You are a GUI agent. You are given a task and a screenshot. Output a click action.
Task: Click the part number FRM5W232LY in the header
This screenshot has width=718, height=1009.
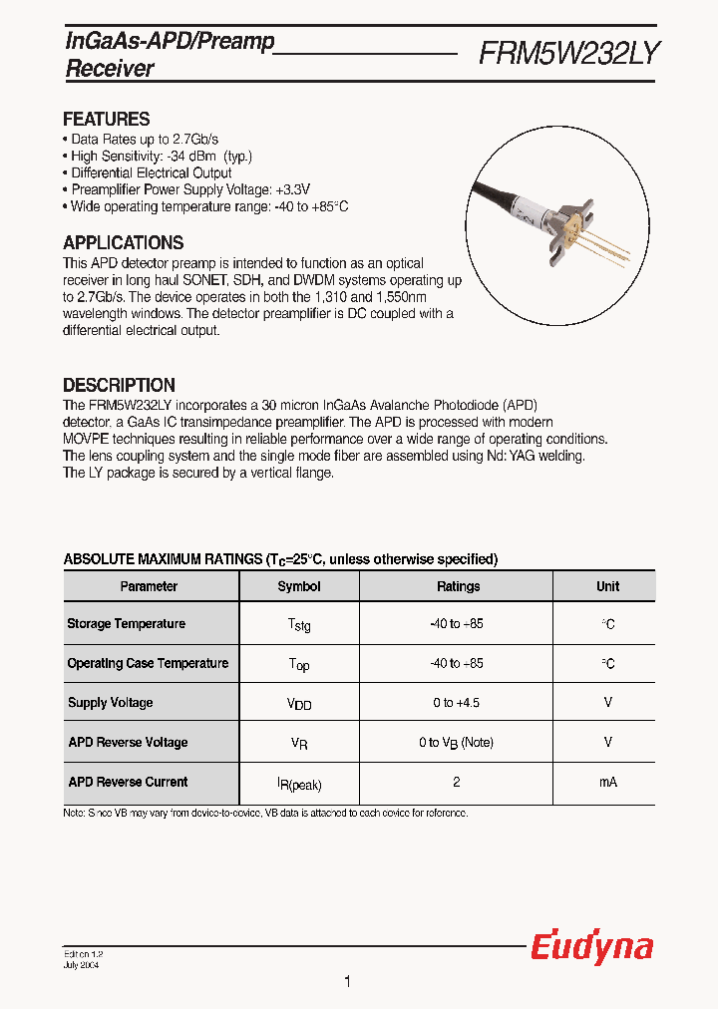coord(568,53)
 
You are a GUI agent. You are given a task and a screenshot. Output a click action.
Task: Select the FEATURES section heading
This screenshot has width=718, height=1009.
coord(106,119)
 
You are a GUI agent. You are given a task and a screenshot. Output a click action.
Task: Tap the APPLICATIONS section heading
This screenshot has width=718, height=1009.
coord(123,242)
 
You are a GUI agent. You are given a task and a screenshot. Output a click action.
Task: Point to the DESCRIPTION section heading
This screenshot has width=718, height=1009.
coord(119,385)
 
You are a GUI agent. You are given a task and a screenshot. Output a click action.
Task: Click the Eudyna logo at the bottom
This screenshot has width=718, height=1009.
coord(591,947)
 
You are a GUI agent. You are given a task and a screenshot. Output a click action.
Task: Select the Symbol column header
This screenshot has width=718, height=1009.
coord(298,586)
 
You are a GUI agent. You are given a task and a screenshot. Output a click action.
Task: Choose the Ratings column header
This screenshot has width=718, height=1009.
coord(458,586)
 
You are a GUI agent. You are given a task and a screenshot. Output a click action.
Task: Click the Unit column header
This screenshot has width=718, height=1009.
coord(607,586)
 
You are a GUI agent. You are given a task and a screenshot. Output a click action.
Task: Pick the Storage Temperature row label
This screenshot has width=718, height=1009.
coord(126,624)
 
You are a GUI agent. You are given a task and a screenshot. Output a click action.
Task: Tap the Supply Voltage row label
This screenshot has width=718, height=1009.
coord(110,703)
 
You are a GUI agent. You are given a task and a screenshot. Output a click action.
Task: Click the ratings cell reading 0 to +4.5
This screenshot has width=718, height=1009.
coord(457,703)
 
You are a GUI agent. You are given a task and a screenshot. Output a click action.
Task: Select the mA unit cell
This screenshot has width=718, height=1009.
coord(607,783)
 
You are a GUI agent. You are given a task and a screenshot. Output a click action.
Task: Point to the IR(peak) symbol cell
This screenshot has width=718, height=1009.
coord(299,785)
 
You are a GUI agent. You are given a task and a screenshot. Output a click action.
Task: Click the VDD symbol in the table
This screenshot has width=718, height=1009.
coord(299,704)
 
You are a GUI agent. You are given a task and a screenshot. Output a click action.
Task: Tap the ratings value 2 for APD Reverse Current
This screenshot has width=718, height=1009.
coord(457,783)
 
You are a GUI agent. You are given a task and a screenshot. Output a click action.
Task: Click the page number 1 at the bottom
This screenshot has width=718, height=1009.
coord(347,982)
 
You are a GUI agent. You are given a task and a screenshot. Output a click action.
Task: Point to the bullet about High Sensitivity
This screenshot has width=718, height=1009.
coord(162,157)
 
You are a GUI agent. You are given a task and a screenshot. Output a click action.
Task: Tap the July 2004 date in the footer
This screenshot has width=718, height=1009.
coord(81,964)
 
